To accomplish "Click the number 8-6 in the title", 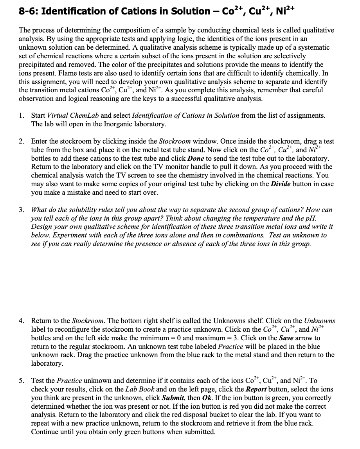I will click(29, 11).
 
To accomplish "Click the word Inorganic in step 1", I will click(114, 124).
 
